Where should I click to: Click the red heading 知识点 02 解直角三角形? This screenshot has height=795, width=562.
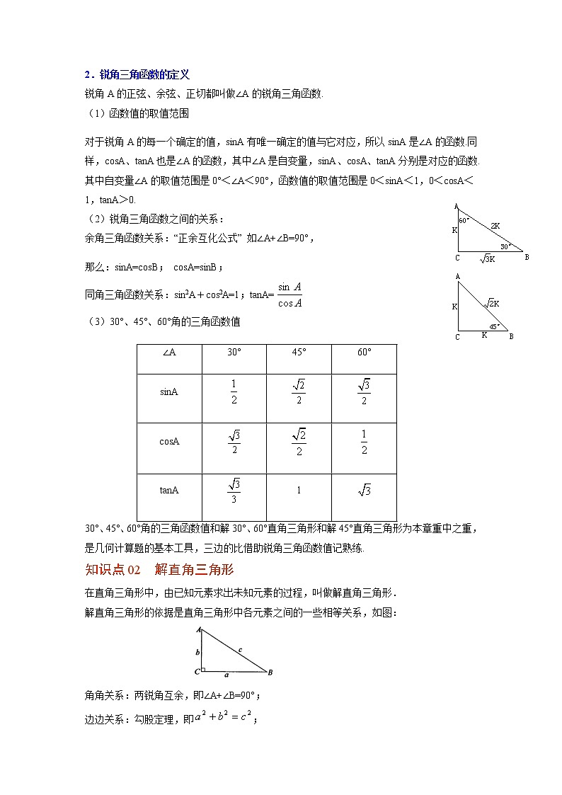(x=159, y=569)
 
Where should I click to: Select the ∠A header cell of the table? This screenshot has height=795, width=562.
(x=169, y=352)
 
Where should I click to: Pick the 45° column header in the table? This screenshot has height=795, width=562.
(x=299, y=352)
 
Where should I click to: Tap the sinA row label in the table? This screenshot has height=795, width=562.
(x=169, y=391)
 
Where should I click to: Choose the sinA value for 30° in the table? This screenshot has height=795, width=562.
(x=234, y=391)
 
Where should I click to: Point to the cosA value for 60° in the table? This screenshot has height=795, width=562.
(x=364, y=442)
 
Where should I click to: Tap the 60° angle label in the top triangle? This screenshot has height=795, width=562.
(x=464, y=220)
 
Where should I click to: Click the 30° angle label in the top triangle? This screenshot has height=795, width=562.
(x=505, y=246)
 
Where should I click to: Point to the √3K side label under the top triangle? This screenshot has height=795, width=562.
(x=488, y=259)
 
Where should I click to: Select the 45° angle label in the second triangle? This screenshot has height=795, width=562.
(x=495, y=326)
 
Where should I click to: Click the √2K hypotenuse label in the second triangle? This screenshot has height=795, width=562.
(x=492, y=303)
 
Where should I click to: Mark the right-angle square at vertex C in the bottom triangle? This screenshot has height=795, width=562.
(x=202, y=669)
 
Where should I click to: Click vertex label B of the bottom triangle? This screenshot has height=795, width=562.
(x=270, y=672)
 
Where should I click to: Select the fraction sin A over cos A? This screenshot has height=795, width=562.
(x=289, y=295)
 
